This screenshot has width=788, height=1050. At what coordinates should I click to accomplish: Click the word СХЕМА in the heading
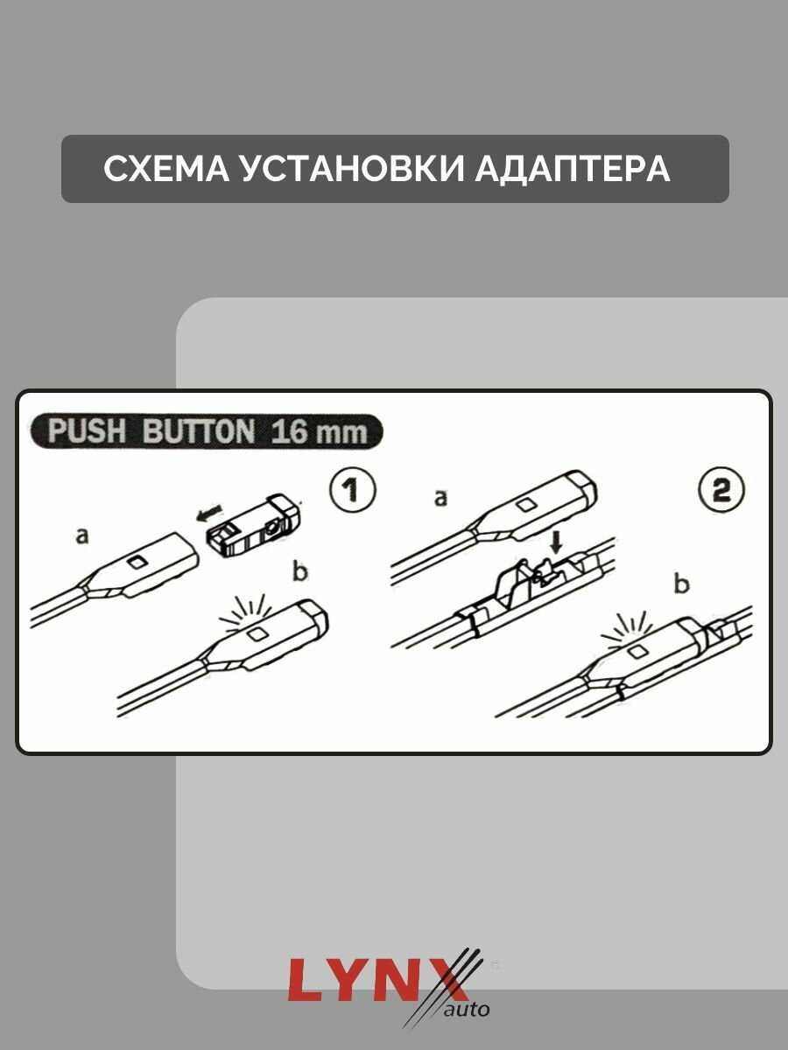pos(166,169)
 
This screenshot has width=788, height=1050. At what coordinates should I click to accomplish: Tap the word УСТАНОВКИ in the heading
pos(353,169)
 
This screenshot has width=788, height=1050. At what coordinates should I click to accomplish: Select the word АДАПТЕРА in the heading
pos(573,169)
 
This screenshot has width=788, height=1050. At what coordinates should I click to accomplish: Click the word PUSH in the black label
pos(87,430)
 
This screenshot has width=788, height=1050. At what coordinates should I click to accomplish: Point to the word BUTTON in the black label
pos(199,430)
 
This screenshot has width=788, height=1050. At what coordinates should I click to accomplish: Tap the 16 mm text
pos(319,431)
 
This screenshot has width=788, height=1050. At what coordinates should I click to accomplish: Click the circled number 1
pos(353,489)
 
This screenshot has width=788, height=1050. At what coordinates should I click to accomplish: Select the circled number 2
pos(721,490)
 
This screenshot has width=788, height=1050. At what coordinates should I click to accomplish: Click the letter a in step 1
pos(83,536)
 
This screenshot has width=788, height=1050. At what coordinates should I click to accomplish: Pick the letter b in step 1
pos(300,572)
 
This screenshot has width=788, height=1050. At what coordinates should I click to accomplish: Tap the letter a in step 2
pos(440,498)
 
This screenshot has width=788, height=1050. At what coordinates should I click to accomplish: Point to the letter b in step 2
pos(682,584)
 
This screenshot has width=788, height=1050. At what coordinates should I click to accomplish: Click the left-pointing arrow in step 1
pos(209,513)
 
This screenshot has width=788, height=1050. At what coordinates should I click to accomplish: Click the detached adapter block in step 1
pos(255,525)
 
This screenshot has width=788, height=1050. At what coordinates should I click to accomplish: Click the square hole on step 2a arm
pos(528,505)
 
